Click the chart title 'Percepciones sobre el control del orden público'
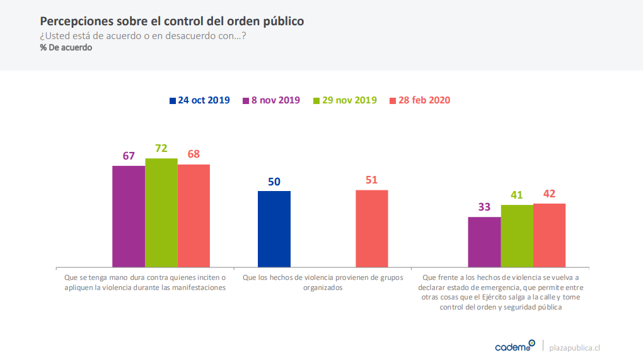pos(172,21)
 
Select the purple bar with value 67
pos(129,216)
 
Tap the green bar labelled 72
pos(161,212)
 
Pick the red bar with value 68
pos(194,215)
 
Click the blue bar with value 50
pos(274,228)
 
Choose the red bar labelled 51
pos(371,228)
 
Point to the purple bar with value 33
pos(484,241)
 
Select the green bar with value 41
pos(517,235)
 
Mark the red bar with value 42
pos(549,235)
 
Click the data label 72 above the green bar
pos(161,148)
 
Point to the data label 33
pos(484,207)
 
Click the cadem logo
pos(514,346)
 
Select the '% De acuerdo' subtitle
pos(66,47)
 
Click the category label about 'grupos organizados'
pos(322,282)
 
